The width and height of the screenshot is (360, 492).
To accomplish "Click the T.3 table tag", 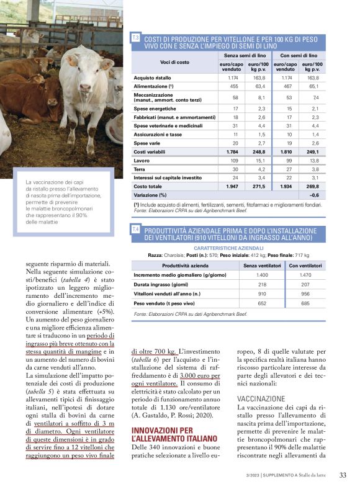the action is coord(135,38).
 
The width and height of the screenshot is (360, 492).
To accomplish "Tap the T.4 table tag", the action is coord(135,230).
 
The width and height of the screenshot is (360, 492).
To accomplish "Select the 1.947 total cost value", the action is coord(233,186).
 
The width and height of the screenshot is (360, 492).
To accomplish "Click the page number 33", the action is coord(343,475).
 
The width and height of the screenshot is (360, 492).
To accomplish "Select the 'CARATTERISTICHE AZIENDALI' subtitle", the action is coord(228,248).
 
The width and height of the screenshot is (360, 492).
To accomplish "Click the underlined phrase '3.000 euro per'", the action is coord(201,375).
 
